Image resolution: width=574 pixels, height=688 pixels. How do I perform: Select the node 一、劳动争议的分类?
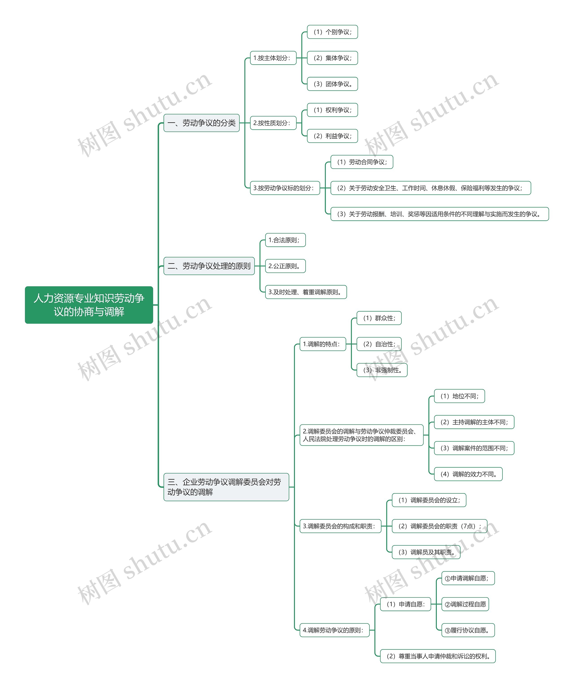click(201, 123)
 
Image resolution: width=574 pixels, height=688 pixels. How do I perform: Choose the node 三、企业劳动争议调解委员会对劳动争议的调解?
click(226, 487)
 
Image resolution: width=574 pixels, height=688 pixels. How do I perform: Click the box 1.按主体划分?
click(273, 58)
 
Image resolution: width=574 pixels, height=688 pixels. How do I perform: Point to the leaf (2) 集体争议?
click(332, 58)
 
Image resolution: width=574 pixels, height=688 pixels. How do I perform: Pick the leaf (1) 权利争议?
click(332, 110)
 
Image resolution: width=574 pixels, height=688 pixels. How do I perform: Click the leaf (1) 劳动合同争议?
click(361, 162)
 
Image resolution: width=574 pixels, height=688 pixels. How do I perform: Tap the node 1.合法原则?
click(285, 240)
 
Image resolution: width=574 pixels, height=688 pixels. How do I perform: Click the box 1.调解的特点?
click(323, 344)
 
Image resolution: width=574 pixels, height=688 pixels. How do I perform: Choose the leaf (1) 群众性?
click(379, 318)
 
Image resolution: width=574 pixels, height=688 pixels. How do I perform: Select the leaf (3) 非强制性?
click(382, 370)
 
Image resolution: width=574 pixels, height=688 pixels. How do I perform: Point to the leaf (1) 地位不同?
click(459, 396)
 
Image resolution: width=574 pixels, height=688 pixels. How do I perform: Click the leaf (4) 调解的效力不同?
click(468, 474)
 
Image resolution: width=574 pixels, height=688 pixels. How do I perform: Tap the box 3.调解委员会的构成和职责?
click(340, 526)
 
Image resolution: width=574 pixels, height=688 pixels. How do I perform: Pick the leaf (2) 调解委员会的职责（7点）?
click(439, 526)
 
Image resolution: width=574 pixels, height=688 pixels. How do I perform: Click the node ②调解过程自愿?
click(465, 604)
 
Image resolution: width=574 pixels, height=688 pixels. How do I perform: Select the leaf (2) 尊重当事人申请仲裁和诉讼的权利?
click(437, 656)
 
